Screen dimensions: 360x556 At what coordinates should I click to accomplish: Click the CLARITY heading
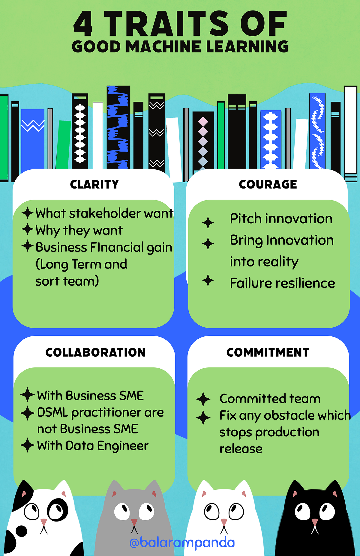(94, 184)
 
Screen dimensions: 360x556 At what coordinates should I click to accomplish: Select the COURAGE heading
(268, 184)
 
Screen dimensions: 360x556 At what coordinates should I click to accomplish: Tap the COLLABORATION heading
(95, 352)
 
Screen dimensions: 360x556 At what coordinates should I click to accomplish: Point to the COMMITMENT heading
(268, 352)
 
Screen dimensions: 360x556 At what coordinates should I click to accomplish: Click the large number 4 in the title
(83, 24)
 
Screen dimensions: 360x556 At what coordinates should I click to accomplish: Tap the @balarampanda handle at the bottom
(182, 543)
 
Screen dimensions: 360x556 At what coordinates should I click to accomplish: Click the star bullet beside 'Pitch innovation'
(208, 223)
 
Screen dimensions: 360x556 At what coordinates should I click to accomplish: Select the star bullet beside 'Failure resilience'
(208, 281)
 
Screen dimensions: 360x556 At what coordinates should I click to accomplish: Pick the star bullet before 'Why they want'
(27, 229)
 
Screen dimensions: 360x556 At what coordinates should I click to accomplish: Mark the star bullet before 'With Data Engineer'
(28, 445)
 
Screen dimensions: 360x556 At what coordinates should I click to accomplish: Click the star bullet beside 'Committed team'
(203, 399)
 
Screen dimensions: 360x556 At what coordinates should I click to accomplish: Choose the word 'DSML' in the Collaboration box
(53, 412)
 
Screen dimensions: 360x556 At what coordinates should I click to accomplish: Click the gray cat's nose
(134, 522)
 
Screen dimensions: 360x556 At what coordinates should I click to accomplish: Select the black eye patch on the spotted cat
(57, 510)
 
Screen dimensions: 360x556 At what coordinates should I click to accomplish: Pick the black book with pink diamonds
(203, 141)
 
